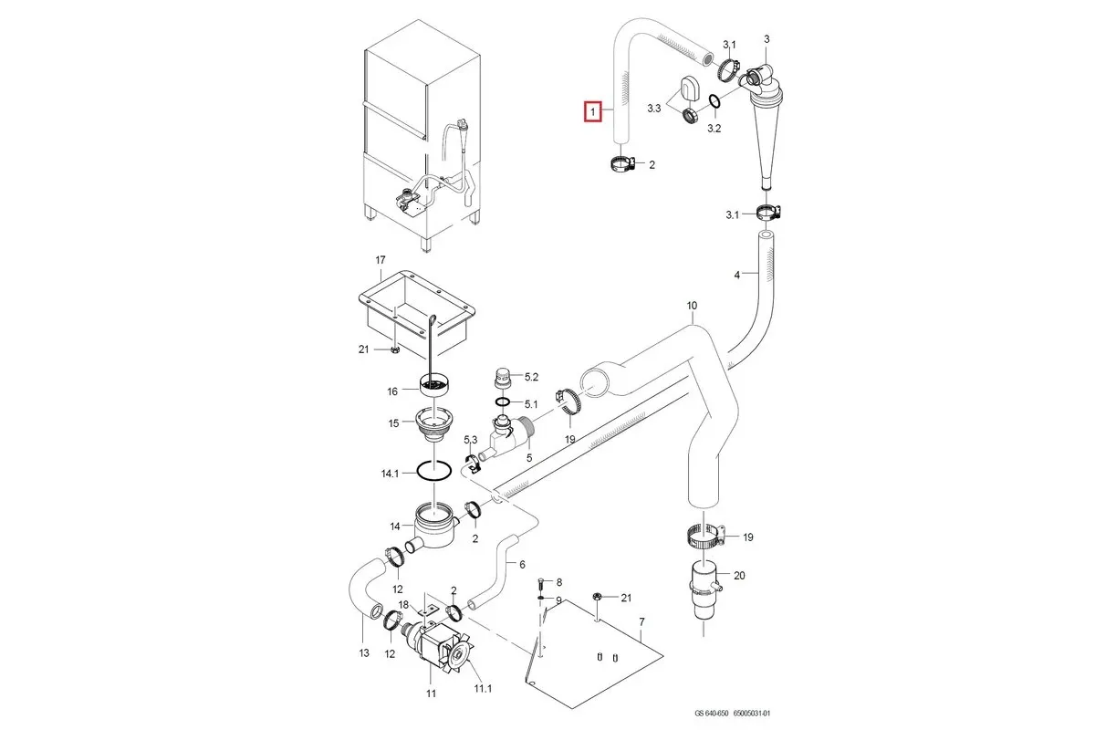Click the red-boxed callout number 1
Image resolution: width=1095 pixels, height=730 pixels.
593,111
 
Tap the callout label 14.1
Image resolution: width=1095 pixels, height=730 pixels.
390,474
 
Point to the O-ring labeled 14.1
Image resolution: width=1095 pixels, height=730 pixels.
434,472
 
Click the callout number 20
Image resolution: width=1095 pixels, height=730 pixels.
739,575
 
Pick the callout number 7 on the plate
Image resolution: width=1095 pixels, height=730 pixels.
641,622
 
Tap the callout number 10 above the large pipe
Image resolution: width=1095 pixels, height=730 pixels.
691,306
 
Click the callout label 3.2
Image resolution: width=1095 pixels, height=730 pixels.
714,129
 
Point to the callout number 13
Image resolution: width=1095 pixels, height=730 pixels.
363,652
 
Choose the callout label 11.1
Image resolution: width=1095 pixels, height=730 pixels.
483,688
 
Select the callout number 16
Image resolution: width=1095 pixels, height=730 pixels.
392,391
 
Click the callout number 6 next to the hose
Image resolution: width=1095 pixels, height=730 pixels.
522,564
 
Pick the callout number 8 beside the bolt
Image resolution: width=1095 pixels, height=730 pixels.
558,581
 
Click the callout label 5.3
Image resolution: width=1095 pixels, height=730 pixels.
471,440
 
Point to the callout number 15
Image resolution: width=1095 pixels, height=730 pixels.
393,423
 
